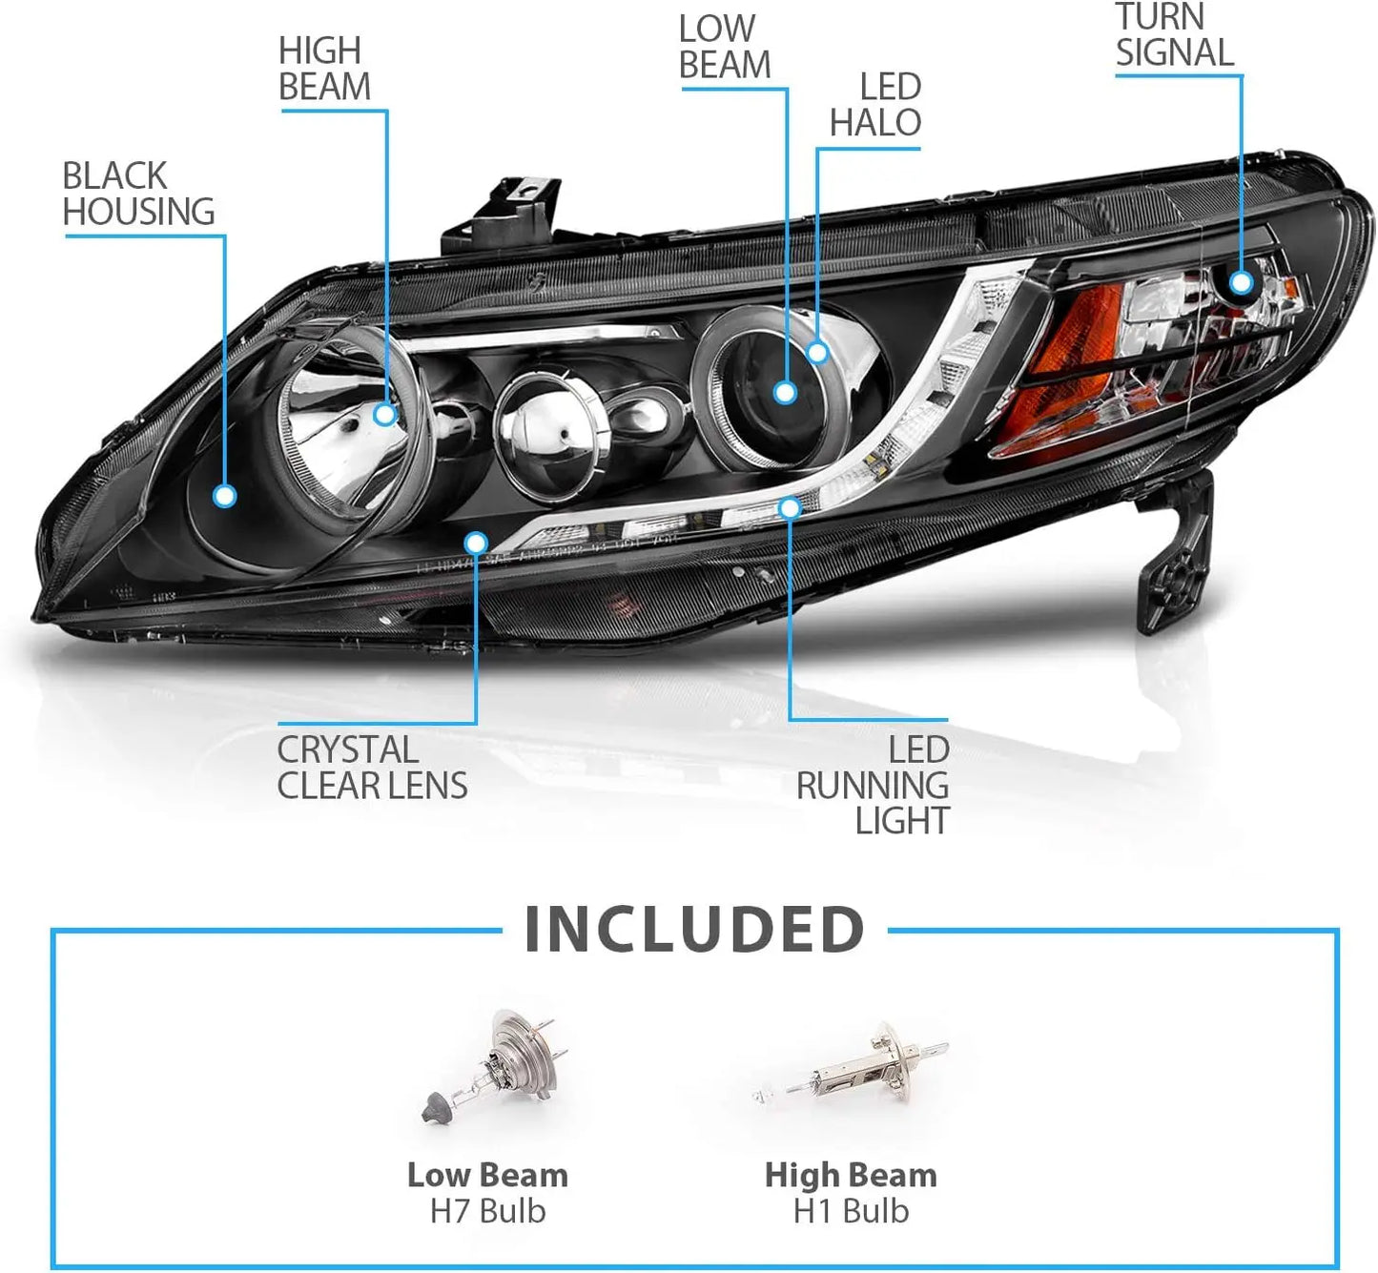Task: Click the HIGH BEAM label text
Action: point(325,69)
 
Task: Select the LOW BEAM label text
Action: point(725,47)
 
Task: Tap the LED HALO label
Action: point(875,105)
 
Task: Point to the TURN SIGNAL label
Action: point(1175,34)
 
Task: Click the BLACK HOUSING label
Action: point(139,194)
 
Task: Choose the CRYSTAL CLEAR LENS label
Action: point(372,768)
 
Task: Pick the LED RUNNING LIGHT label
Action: point(873,785)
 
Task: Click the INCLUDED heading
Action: point(694,930)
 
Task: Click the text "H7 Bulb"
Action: point(487,1211)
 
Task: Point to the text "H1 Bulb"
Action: point(851,1211)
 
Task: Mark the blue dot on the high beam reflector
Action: point(384,415)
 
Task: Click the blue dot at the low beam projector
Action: point(785,393)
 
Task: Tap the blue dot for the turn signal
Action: point(1242,282)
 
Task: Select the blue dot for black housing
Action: point(225,496)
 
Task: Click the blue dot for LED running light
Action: point(790,508)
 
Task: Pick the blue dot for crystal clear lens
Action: point(477,543)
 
